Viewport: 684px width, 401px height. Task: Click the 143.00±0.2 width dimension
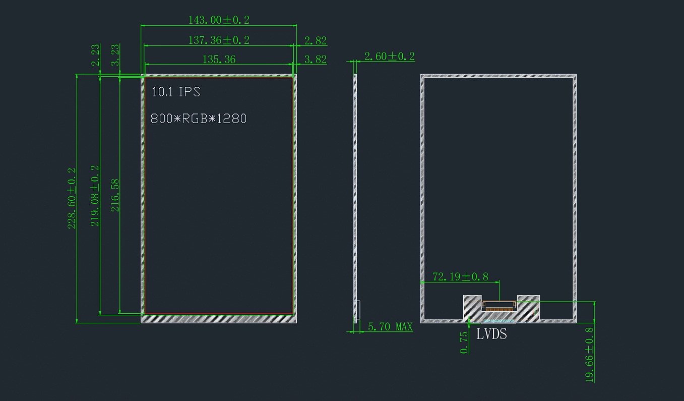pos(219,20)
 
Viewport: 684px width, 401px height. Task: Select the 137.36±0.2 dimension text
pos(219,40)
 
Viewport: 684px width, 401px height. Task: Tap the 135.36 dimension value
pos(219,60)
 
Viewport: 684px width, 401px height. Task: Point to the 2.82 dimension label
pos(316,40)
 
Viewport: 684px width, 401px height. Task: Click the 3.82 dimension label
pos(316,60)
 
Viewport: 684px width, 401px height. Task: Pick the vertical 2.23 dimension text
pos(96,55)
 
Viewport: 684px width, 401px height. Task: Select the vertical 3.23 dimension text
pos(115,55)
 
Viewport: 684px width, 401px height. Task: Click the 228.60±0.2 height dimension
pos(72,198)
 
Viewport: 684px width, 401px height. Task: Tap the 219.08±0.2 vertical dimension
pos(95,196)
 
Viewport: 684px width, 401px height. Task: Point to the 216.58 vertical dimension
pos(115,195)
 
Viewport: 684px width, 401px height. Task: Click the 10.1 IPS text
pos(176,92)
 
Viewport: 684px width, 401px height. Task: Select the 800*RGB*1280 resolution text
pos(199,119)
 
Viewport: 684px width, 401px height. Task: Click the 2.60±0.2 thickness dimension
pos(390,56)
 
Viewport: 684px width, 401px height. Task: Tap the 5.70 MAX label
pos(390,327)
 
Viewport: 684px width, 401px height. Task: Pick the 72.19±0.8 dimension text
pos(461,277)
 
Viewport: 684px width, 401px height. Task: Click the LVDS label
pos(491,334)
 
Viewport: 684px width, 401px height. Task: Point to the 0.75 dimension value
pos(464,343)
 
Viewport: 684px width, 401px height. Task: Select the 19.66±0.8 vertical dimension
pos(589,355)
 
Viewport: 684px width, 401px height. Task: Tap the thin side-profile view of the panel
pos(355,198)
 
